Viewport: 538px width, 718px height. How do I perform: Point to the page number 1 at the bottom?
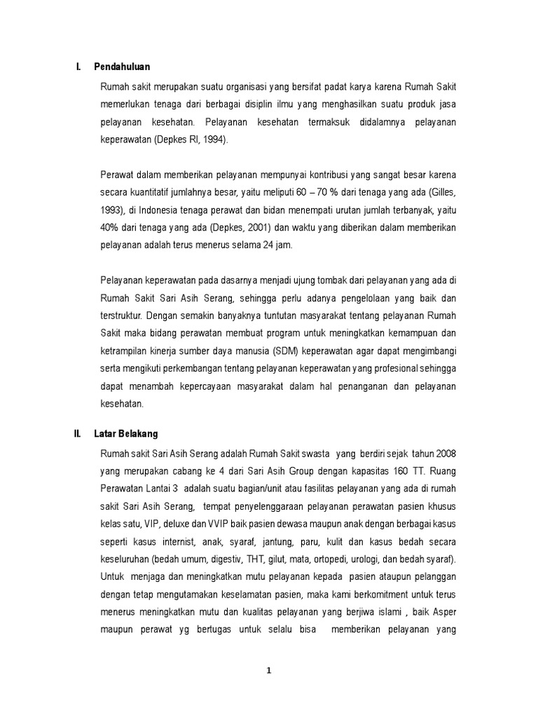(x=269, y=670)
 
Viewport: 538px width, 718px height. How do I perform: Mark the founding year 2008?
(x=446, y=452)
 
